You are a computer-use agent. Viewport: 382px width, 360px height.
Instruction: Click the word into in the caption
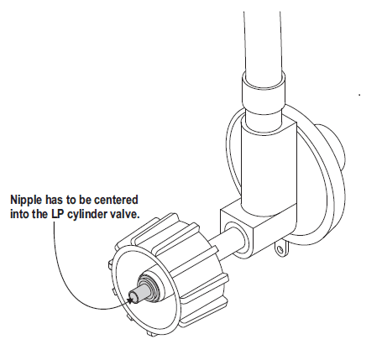(x=18, y=214)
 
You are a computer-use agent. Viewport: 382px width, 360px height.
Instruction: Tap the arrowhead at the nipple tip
(x=130, y=300)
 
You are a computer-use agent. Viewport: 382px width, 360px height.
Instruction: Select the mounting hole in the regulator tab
(x=280, y=248)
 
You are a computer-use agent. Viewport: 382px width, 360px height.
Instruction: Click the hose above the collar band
(x=262, y=42)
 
